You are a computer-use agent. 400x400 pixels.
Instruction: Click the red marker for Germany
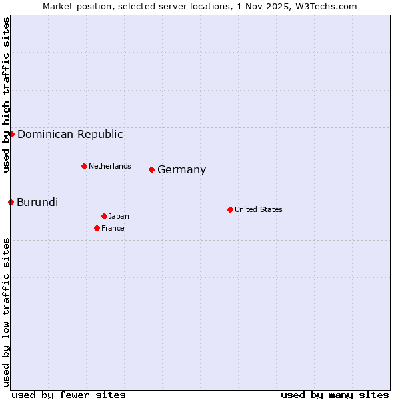coord(151,169)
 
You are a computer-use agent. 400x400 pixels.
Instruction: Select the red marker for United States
coord(230,209)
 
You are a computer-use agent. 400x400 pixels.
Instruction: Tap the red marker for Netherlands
coord(84,166)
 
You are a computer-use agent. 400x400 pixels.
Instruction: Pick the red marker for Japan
coord(104,216)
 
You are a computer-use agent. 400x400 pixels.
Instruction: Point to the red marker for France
coord(97,228)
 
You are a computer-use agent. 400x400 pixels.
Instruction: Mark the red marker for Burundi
coord(11,202)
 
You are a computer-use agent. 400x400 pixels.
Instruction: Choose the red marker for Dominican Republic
coord(11,134)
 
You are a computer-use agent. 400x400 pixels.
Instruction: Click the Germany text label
coord(181,170)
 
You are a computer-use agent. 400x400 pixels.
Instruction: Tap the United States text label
coord(258,209)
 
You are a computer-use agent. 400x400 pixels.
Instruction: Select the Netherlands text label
coord(109,166)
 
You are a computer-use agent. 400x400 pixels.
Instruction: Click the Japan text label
coord(119,216)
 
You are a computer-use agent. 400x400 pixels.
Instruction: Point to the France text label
coord(113,228)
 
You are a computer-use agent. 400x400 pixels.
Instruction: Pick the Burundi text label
coord(37,202)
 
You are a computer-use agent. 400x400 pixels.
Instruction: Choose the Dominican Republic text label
coord(70,134)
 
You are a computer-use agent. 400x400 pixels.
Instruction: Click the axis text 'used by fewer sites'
coord(69,395)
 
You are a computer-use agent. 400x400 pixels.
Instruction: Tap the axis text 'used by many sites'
coord(335,395)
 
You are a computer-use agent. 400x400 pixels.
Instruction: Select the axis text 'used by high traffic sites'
coord(6,95)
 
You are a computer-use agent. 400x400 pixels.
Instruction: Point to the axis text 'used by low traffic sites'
coord(6,312)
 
